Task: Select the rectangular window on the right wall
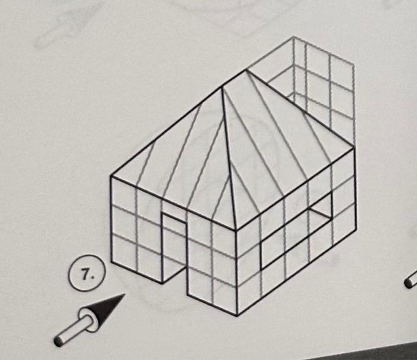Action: (296, 229)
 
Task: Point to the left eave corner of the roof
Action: (111, 177)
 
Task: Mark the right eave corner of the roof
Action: (354, 148)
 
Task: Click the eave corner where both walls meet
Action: (236, 230)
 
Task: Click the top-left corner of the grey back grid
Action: (294, 37)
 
